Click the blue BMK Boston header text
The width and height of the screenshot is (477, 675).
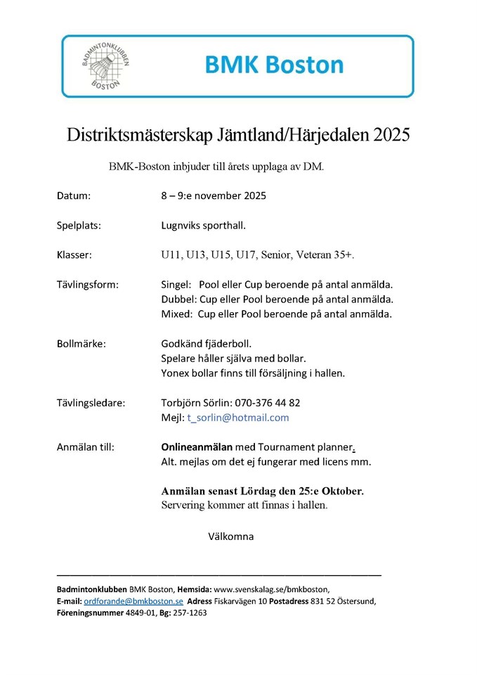pyautogui.click(x=275, y=65)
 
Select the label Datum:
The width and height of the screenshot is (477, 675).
pyautogui.click(x=74, y=196)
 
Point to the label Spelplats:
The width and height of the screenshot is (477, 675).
pyautogui.click(x=79, y=226)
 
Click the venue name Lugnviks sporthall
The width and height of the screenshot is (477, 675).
pyautogui.click(x=203, y=226)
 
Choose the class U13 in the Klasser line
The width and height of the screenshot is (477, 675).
pyautogui.click(x=197, y=255)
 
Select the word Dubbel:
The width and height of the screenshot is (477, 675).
pyautogui.click(x=180, y=299)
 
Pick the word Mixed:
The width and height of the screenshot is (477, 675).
pyautogui.click(x=177, y=314)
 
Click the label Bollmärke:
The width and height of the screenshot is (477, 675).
pyautogui.click(x=81, y=344)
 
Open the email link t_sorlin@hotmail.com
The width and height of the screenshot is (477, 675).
pyautogui.click(x=237, y=417)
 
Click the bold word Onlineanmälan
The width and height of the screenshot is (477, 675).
pyautogui.click(x=197, y=446)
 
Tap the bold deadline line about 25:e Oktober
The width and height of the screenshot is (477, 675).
pyautogui.click(x=262, y=491)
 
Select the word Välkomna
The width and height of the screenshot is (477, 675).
pyautogui.click(x=230, y=536)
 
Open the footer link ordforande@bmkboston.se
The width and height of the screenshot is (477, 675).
pyautogui.click(x=133, y=601)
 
